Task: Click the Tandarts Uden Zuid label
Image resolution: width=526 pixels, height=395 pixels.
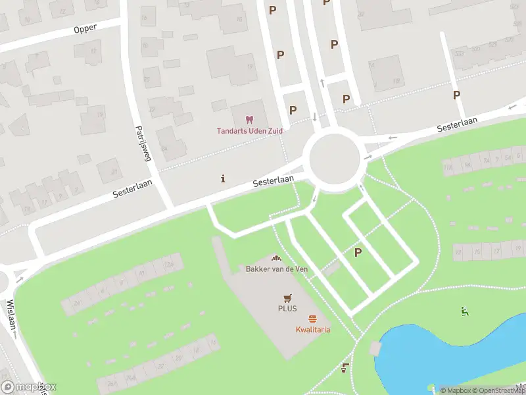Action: [x=250, y=130]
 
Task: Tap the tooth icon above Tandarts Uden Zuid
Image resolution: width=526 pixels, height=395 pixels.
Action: [x=249, y=120]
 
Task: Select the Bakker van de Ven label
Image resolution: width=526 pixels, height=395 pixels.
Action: [x=276, y=269]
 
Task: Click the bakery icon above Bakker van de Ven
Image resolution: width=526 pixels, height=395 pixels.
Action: [x=276, y=259]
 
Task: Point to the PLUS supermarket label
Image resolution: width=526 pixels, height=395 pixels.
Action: [x=287, y=308]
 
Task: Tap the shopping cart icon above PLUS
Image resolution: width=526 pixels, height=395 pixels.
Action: [x=287, y=298]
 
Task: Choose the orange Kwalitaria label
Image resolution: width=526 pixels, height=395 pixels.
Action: [x=312, y=329]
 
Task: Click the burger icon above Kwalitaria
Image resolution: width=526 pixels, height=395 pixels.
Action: [x=312, y=319]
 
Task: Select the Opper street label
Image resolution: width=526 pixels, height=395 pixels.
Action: [x=85, y=28]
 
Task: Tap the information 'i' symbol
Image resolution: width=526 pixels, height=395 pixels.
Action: [x=224, y=178]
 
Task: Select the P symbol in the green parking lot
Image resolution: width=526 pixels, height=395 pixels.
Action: [x=358, y=252]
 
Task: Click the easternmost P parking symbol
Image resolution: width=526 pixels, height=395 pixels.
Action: [x=456, y=95]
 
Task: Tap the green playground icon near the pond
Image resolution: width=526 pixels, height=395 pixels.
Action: [x=465, y=311]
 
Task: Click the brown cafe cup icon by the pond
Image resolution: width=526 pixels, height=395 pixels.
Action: [x=345, y=369]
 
